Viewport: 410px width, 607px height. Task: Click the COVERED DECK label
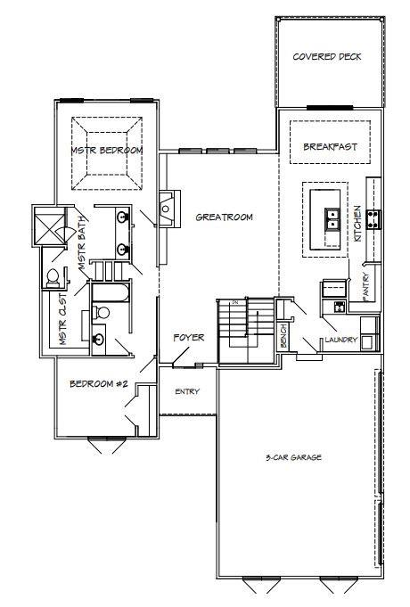point(327,56)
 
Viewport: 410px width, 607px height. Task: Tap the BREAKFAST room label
point(330,147)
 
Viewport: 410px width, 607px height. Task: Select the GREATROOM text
point(225,217)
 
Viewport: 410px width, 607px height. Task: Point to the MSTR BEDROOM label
point(107,150)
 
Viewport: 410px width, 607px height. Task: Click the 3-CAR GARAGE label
point(293,457)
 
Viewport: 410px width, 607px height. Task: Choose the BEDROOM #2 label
point(99,383)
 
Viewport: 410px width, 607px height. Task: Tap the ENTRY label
point(187,391)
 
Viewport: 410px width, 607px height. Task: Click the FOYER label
point(189,338)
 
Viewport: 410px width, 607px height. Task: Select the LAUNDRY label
point(340,340)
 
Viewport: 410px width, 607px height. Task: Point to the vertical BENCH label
point(283,336)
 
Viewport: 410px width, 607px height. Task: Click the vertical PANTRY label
point(366,286)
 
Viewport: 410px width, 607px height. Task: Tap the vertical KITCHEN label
point(357,224)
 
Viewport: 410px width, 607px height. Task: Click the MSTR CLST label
point(63,319)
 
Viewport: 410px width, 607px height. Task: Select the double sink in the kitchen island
point(332,218)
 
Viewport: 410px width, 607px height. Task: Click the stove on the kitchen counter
point(373,218)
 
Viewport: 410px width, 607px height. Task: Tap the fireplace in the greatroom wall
point(168,209)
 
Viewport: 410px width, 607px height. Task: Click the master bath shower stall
point(49,226)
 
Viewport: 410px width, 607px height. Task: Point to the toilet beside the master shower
point(53,278)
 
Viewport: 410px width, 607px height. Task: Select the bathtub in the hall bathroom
point(111,292)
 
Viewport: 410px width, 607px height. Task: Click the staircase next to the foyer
point(246,331)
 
